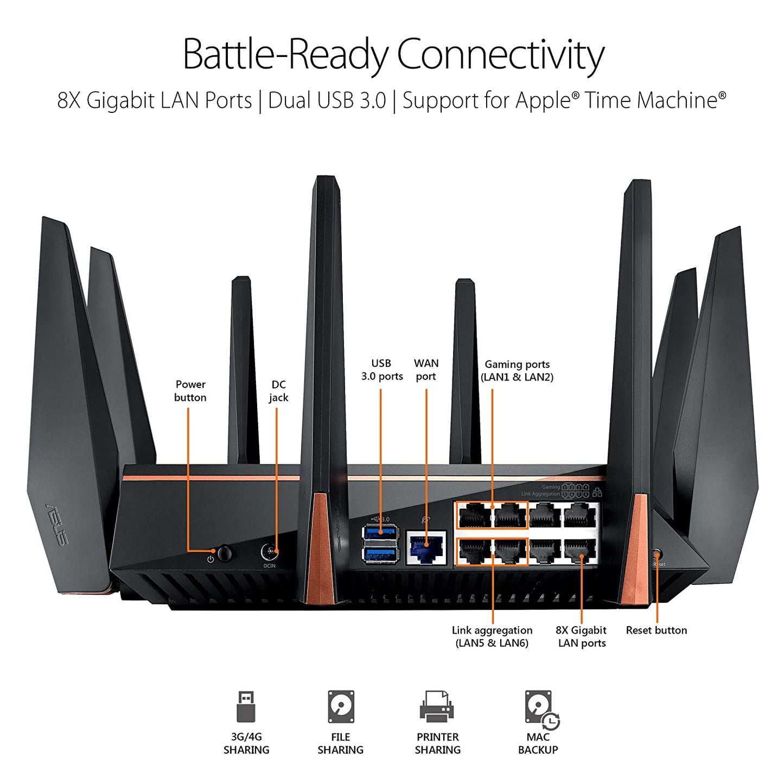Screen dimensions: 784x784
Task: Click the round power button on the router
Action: click(x=224, y=553)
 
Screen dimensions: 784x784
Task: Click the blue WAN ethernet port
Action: click(x=426, y=548)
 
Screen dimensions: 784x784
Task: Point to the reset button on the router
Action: click(x=658, y=554)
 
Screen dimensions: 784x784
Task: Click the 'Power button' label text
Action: click(x=190, y=391)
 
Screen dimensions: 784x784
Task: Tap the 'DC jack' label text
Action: click(x=278, y=391)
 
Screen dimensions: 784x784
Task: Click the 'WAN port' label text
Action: click(x=426, y=369)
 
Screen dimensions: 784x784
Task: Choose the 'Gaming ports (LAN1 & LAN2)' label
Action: click(x=517, y=371)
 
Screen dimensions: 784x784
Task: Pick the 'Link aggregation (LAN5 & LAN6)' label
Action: click(x=492, y=636)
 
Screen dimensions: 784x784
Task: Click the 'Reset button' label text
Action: click(x=656, y=630)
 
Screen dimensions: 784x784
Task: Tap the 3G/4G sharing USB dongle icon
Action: click(x=246, y=706)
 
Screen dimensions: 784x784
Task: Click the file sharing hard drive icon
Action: click(x=341, y=706)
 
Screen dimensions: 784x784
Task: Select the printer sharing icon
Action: click(x=437, y=706)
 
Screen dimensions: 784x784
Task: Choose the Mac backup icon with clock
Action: click(x=540, y=709)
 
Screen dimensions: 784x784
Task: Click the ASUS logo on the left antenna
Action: click(x=57, y=525)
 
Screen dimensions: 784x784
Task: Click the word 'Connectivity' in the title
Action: click(x=500, y=54)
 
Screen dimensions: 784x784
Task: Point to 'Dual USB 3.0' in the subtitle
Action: click(x=327, y=100)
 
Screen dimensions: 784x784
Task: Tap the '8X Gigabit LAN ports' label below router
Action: click(x=581, y=636)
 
